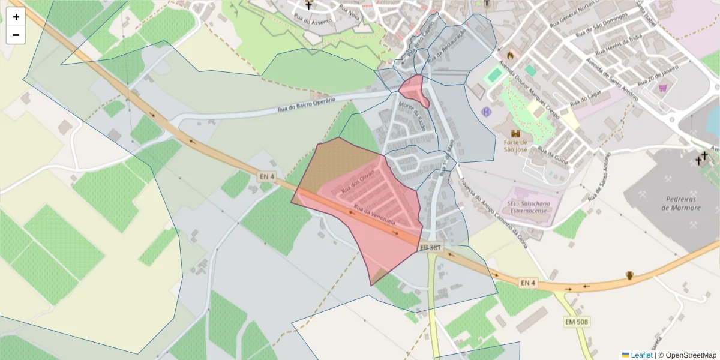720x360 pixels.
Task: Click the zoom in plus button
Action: tap(16, 17)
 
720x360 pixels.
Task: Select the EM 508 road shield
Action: tap(577, 322)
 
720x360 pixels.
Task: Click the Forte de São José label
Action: tap(514, 146)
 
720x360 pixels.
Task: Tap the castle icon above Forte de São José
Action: tap(514, 133)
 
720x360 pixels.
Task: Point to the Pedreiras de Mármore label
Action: tap(681, 203)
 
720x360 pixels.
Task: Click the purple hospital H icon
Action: tap(486, 112)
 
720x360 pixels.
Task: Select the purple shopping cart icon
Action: tap(662, 88)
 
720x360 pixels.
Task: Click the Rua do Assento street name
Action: tap(310, 22)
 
